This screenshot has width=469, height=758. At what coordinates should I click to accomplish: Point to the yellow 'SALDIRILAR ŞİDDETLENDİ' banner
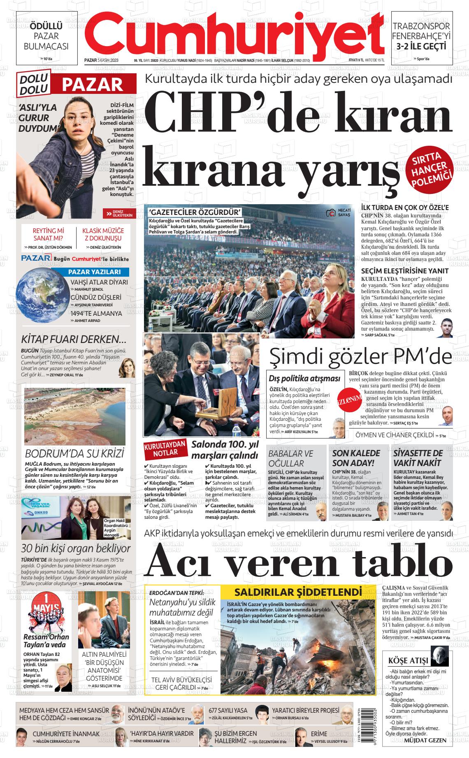(x=298, y=592)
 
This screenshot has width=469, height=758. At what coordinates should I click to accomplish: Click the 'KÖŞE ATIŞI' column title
(x=408, y=661)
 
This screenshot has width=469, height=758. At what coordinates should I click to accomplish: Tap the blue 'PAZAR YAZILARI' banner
(x=94, y=272)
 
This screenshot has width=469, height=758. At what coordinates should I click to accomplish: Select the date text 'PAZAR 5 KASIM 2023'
(x=101, y=60)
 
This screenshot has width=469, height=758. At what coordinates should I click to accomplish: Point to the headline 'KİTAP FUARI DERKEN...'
(x=74, y=340)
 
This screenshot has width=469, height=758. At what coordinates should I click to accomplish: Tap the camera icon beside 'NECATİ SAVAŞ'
(x=330, y=213)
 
